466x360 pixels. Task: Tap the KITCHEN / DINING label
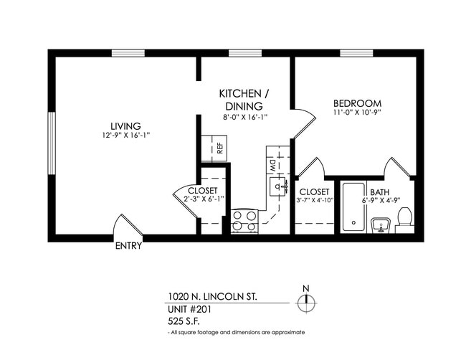tap(244, 95)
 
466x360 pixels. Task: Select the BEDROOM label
tap(356, 103)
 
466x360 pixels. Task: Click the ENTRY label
tap(128, 246)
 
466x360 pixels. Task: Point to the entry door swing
tap(128, 225)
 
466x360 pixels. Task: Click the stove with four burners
tap(244, 220)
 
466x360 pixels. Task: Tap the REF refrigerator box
tap(214, 148)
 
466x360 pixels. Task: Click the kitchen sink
tap(275, 187)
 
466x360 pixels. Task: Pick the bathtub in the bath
tap(353, 207)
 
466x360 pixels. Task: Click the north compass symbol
tap(306, 303)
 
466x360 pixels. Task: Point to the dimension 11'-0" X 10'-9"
tap(356, 113)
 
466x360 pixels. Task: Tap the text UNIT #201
tap(190, 309)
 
